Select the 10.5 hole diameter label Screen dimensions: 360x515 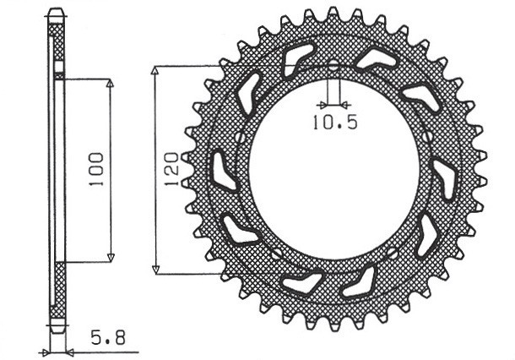point(335,122)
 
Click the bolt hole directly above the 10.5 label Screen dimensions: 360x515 point(333,66)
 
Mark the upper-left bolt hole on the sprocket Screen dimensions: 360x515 point(241,138)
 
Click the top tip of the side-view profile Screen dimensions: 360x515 point(57,12)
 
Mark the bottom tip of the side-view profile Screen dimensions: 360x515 point(57,331)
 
